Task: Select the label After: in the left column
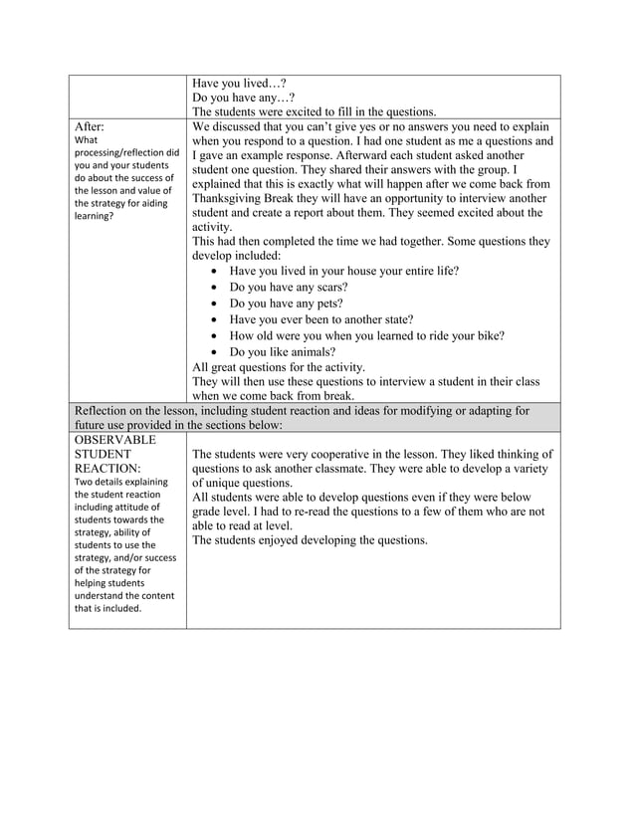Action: pyautogui.click(x=90, y=127)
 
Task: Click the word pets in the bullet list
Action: pyautogui.click(x=326, y=303)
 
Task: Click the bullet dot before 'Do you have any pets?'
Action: pyautogui.click(x=216, y=304)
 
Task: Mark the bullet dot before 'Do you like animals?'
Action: pyautogui.click(x=216, y=352)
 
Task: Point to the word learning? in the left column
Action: pyautogui.click(x=98, y=214)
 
